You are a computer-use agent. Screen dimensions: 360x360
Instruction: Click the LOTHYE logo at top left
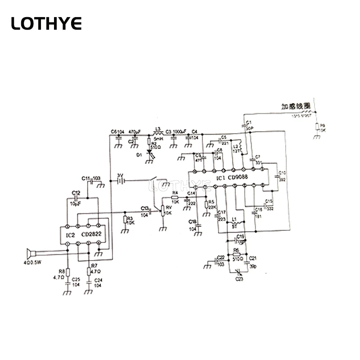[x=46, y=23]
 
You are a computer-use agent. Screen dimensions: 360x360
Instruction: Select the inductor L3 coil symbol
[x=158, y=134]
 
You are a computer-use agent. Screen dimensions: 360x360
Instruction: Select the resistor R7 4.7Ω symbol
[x=89, y=271]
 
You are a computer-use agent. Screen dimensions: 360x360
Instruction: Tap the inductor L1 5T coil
[x=234, y=223]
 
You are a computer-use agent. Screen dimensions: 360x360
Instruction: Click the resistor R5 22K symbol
[x=206, y=205]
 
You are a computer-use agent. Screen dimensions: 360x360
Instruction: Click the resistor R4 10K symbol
[x=175, y=198]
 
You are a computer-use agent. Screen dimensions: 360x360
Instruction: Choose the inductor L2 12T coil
[x=240, y=147]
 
